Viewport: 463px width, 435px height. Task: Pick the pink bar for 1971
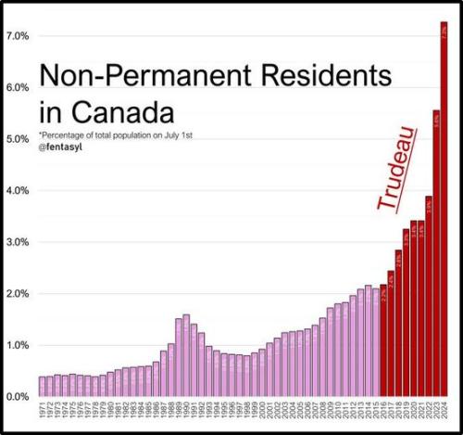coord(43,387)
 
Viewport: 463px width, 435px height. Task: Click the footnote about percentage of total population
coord(115,136)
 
